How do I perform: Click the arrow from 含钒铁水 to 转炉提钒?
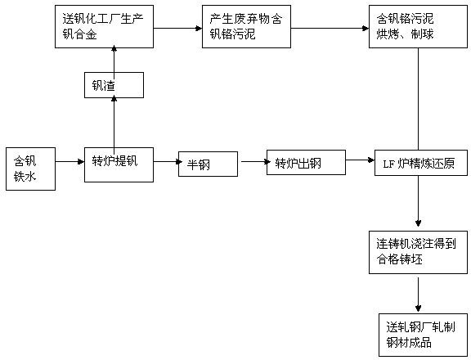click(x=70, y=162)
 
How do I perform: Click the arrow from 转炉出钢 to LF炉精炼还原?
click(x=360, y=160)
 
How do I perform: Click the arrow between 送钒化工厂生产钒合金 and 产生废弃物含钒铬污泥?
click(x=177, y=29)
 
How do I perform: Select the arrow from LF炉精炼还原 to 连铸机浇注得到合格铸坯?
click(x=418, y=201)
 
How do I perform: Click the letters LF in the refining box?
click(x=388, y=164)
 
